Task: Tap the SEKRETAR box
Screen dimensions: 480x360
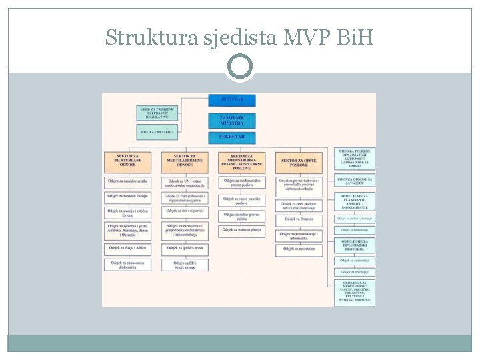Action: (232, 137)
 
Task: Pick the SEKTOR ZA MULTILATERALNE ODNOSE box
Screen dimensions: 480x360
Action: (184, 161)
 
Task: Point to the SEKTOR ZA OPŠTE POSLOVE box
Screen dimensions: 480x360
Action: (299, 161)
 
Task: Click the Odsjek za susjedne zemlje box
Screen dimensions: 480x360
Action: (127, 181)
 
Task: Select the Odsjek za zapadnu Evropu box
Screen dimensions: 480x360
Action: (127, 197)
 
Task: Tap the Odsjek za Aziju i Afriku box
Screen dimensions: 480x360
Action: (127, 248)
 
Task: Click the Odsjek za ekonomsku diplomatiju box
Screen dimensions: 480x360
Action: (127, 265)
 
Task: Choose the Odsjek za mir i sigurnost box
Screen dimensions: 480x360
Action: (184, 211)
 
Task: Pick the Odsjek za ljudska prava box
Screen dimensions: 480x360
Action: (184, 248)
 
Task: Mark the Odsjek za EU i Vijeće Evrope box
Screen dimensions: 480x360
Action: (184, 265)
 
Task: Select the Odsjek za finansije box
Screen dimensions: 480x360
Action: (299, 219)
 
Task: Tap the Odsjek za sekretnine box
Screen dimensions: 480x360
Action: (299, 250)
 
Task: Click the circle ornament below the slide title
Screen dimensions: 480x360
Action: (240, 67)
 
